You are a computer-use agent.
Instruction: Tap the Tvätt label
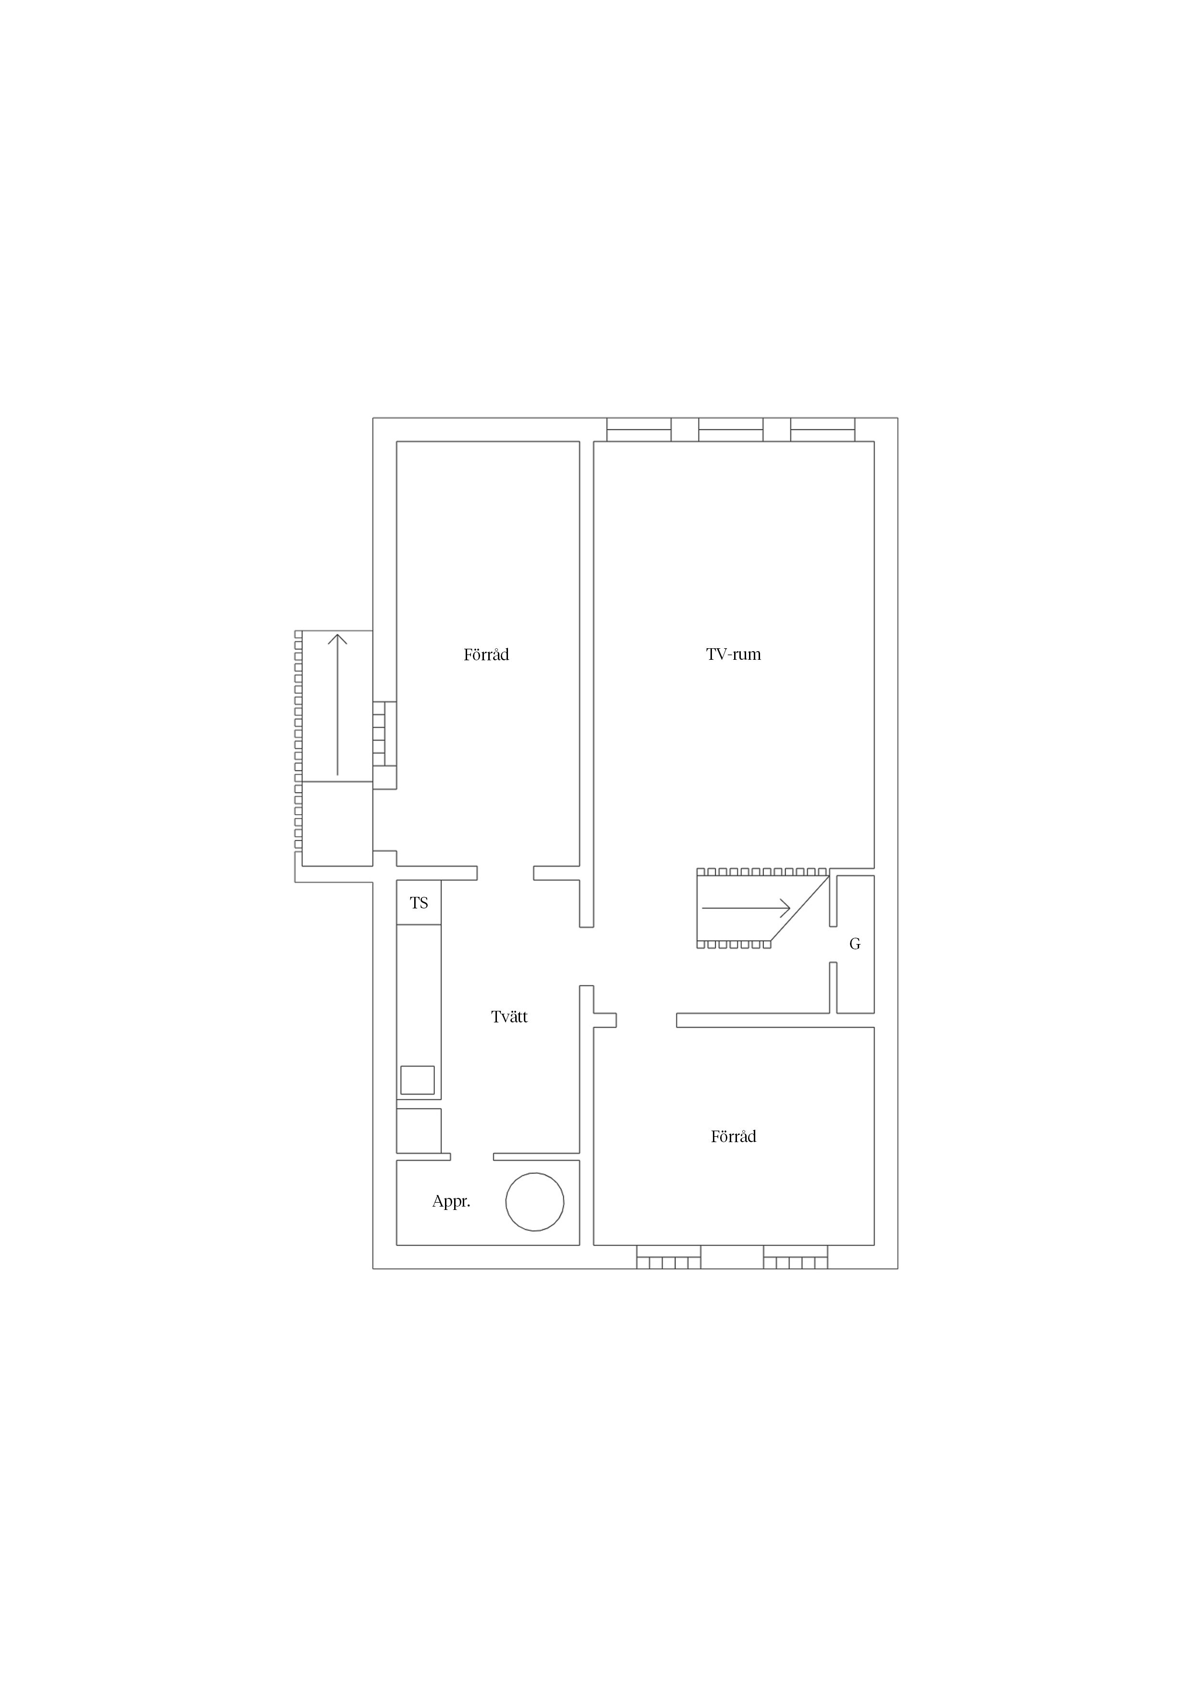tap(509, 1017)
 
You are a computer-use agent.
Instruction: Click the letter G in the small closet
tap(855, 944)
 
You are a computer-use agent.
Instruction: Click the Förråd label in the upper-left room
tap(486, 654)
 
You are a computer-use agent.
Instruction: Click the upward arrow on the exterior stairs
tap(337, 705)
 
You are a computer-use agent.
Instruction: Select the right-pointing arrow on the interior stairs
tap(746, 908)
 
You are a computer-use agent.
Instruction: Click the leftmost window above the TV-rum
tap(639, 430)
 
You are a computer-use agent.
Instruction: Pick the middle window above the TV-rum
tap(731, 430)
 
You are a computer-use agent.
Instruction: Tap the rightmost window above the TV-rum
tap(823, 430)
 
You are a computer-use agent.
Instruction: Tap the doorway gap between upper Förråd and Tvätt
tap(505, 873)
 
